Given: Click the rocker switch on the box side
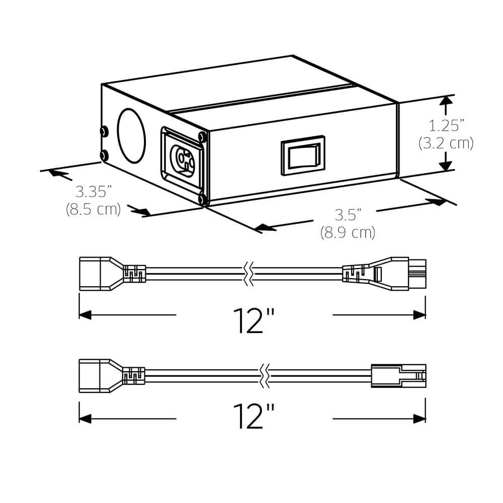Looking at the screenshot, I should click(303, 155).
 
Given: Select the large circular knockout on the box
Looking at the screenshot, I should click(131, 136).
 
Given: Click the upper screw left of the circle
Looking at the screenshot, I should click(104, 131).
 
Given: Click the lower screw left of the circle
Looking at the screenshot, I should click(104, 155).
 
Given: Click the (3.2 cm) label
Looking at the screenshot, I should click(446, 143).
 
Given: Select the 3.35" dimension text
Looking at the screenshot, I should click(94, 192).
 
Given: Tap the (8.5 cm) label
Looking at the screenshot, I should click(94, 209).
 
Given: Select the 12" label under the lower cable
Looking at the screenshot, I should click(254, 415).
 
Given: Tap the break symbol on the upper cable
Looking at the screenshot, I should click(246, 274).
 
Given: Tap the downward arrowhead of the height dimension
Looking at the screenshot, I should click(445, 165).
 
